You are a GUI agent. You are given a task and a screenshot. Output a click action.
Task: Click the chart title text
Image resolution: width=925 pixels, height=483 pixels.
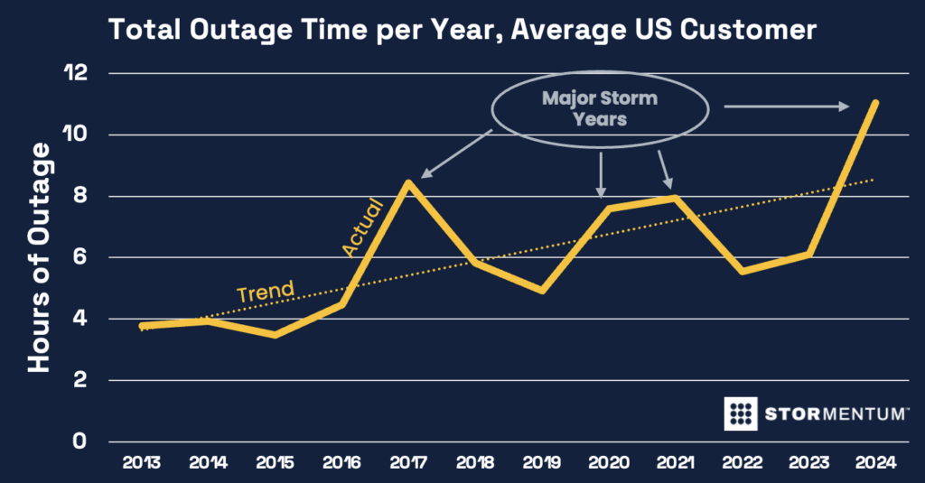click(462, 30)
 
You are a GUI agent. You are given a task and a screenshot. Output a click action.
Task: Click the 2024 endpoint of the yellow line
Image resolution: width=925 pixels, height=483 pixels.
click(874, 104)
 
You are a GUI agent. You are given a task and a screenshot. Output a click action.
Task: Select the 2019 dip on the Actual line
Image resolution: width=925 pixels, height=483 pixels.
click(541, 291)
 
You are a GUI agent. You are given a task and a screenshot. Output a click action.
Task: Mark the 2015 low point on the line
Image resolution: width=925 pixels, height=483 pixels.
click(274, 334)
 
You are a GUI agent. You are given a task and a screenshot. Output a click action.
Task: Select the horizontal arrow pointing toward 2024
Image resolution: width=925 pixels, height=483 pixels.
click(786, 107)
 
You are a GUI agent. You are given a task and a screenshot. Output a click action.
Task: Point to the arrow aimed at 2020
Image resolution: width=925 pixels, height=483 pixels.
click(601, 173)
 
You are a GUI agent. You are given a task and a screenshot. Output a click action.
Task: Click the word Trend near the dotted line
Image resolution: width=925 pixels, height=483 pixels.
click(265, 292)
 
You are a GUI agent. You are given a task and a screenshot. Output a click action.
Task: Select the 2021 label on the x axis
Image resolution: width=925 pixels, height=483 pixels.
click(674, 464)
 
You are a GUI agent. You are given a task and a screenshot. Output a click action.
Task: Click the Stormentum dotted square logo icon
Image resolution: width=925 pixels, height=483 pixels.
click(741, 413)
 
